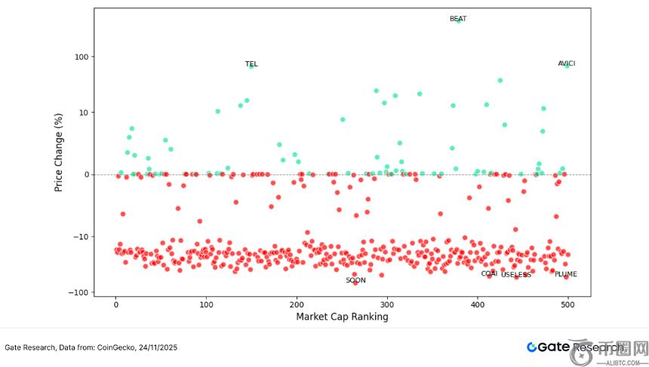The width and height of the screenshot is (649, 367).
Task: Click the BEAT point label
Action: coord(457,19)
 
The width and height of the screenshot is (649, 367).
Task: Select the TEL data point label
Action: coord(251,64)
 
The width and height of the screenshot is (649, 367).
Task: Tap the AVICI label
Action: coord(566,63)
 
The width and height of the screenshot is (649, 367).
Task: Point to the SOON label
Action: coord(355,280)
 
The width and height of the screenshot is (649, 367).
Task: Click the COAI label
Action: coord(489,273)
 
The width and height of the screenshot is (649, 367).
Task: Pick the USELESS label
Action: coord(516,275)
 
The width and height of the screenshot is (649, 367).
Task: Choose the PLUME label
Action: coord(565,274)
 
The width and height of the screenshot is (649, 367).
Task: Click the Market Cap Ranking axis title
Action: coord(342,317)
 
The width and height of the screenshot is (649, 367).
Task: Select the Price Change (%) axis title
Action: coord(58,152)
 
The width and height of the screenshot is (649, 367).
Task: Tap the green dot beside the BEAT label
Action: coord(459,20)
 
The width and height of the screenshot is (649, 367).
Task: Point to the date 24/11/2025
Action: coord(155,347)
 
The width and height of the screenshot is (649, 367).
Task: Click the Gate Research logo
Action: coord(574,347)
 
